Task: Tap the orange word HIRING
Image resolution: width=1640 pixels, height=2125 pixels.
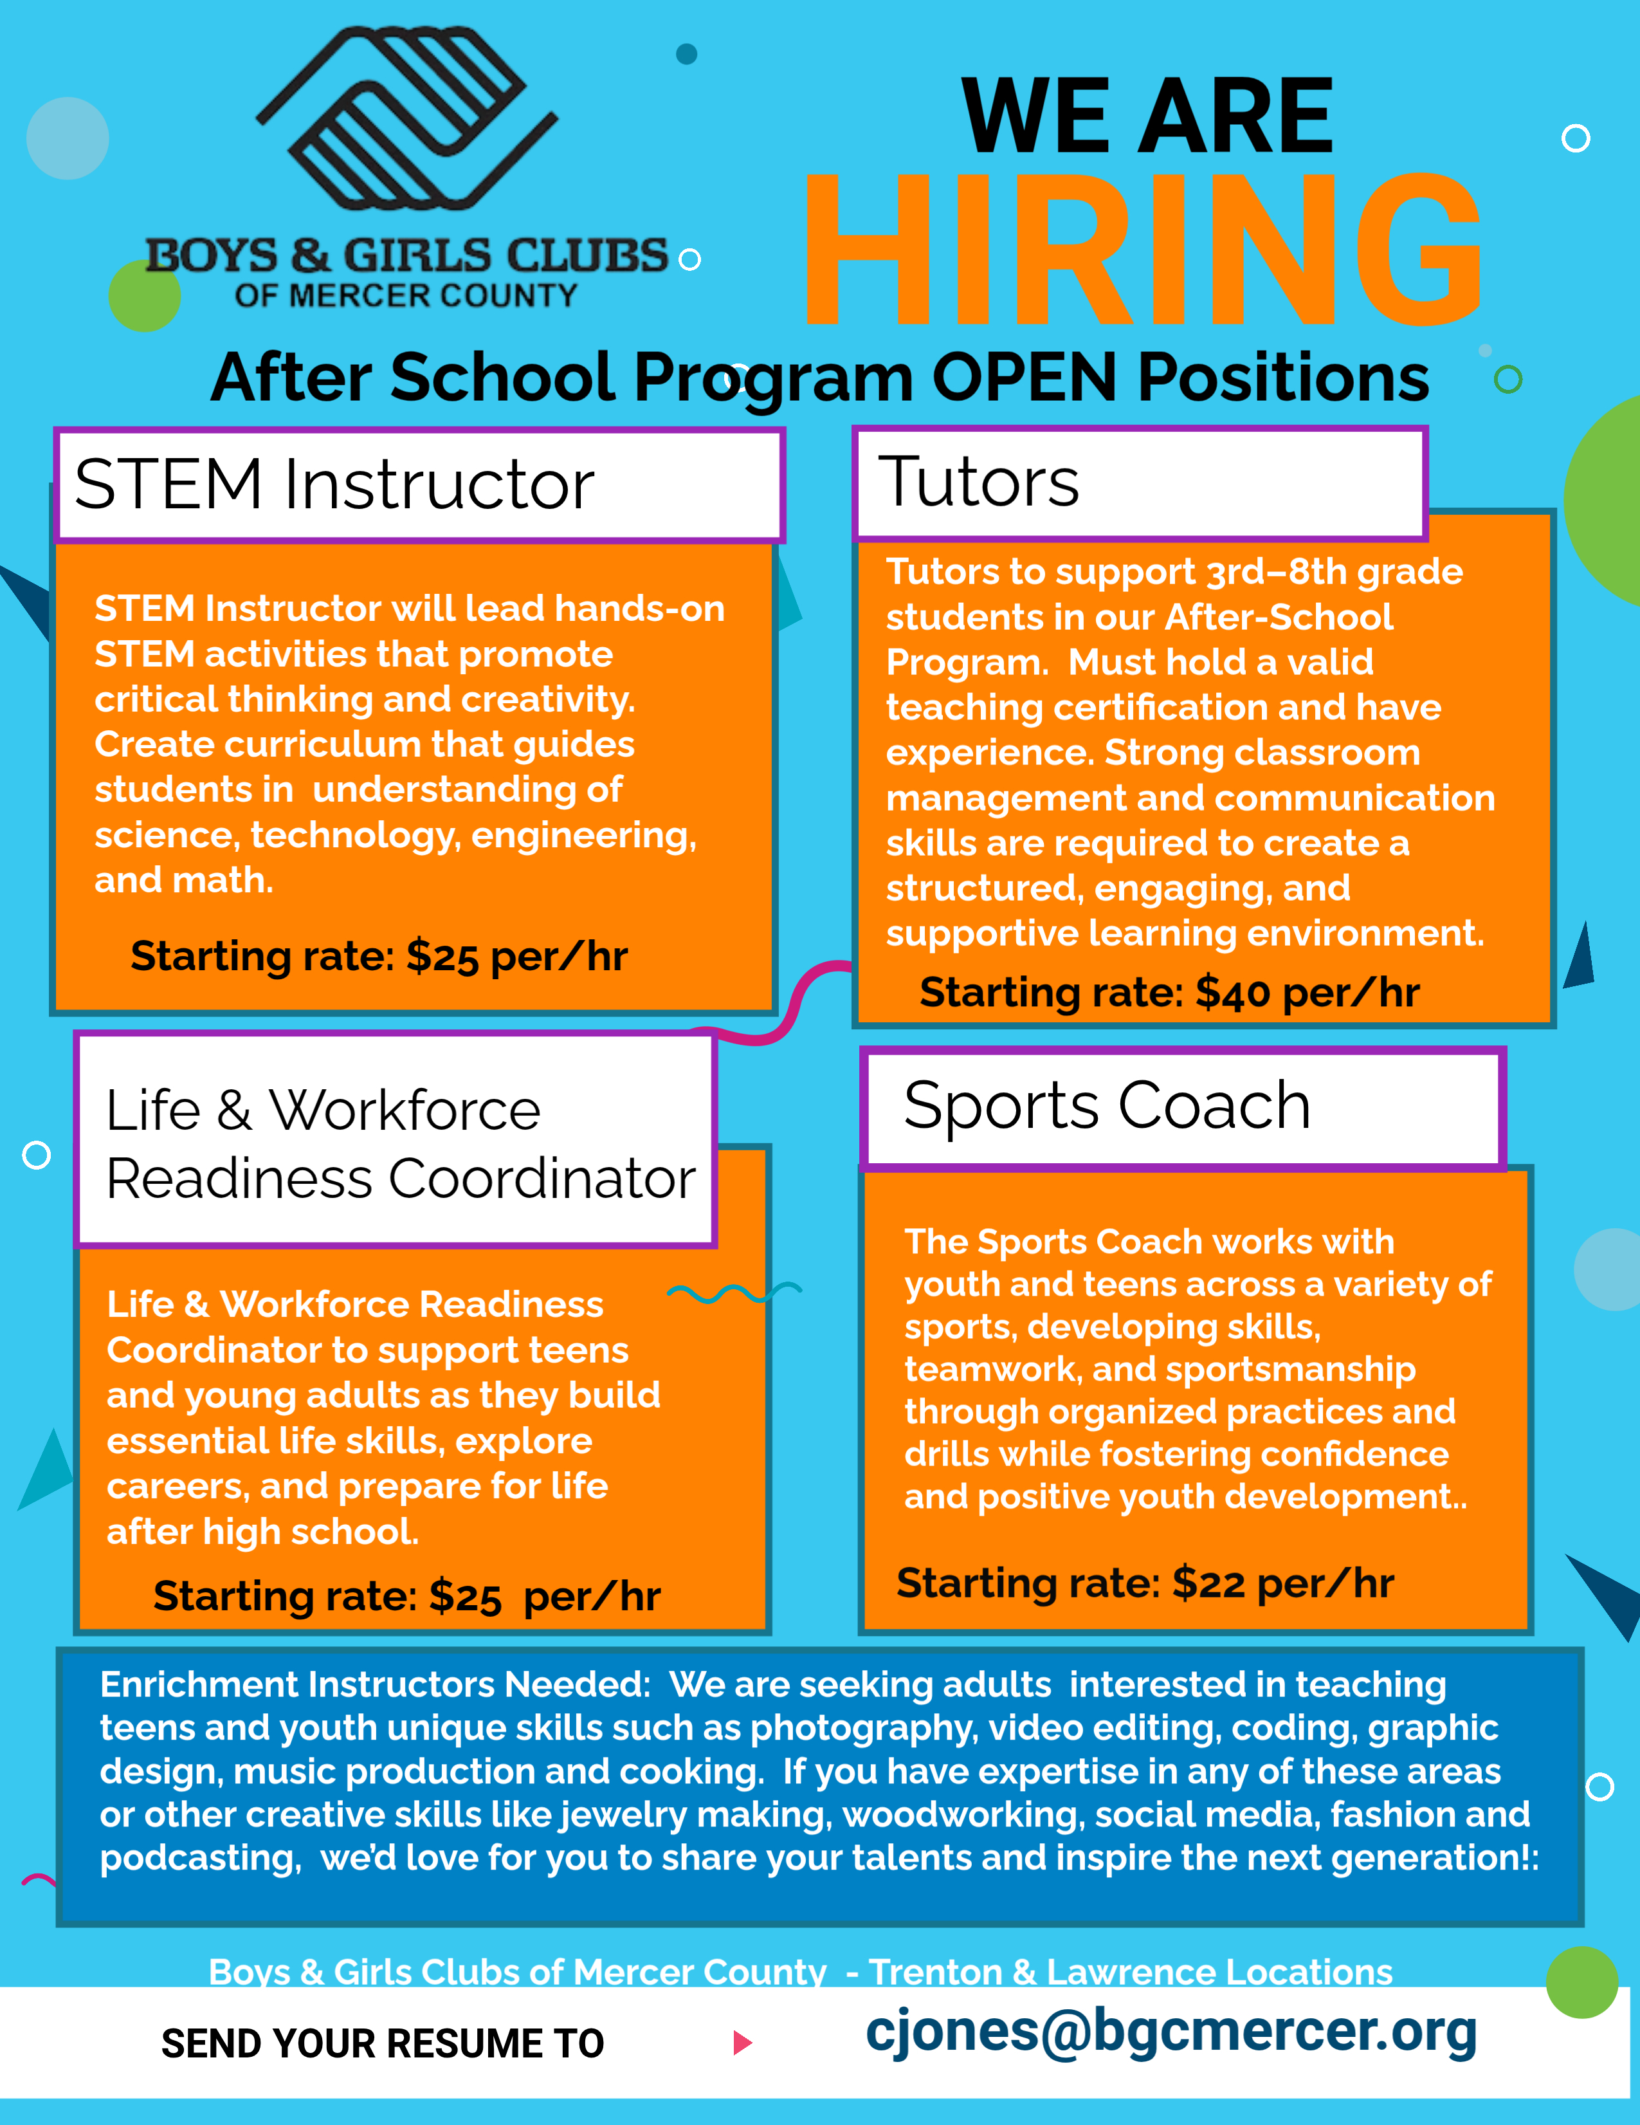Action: (x=1142, y=251)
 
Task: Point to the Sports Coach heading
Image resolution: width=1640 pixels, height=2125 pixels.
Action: (x=1107, y=1107)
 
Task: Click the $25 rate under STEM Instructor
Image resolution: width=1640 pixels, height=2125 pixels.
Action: (x=442, y=957)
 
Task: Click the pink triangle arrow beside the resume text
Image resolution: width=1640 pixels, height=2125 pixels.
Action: (x=742, y=2042)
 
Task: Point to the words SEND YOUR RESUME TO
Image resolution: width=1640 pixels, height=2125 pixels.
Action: (x=382, y=2044)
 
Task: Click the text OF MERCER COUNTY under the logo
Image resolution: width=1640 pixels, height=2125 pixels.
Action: (x=406, y=295)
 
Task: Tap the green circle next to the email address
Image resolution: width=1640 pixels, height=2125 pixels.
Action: (x=1581, y=1982)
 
